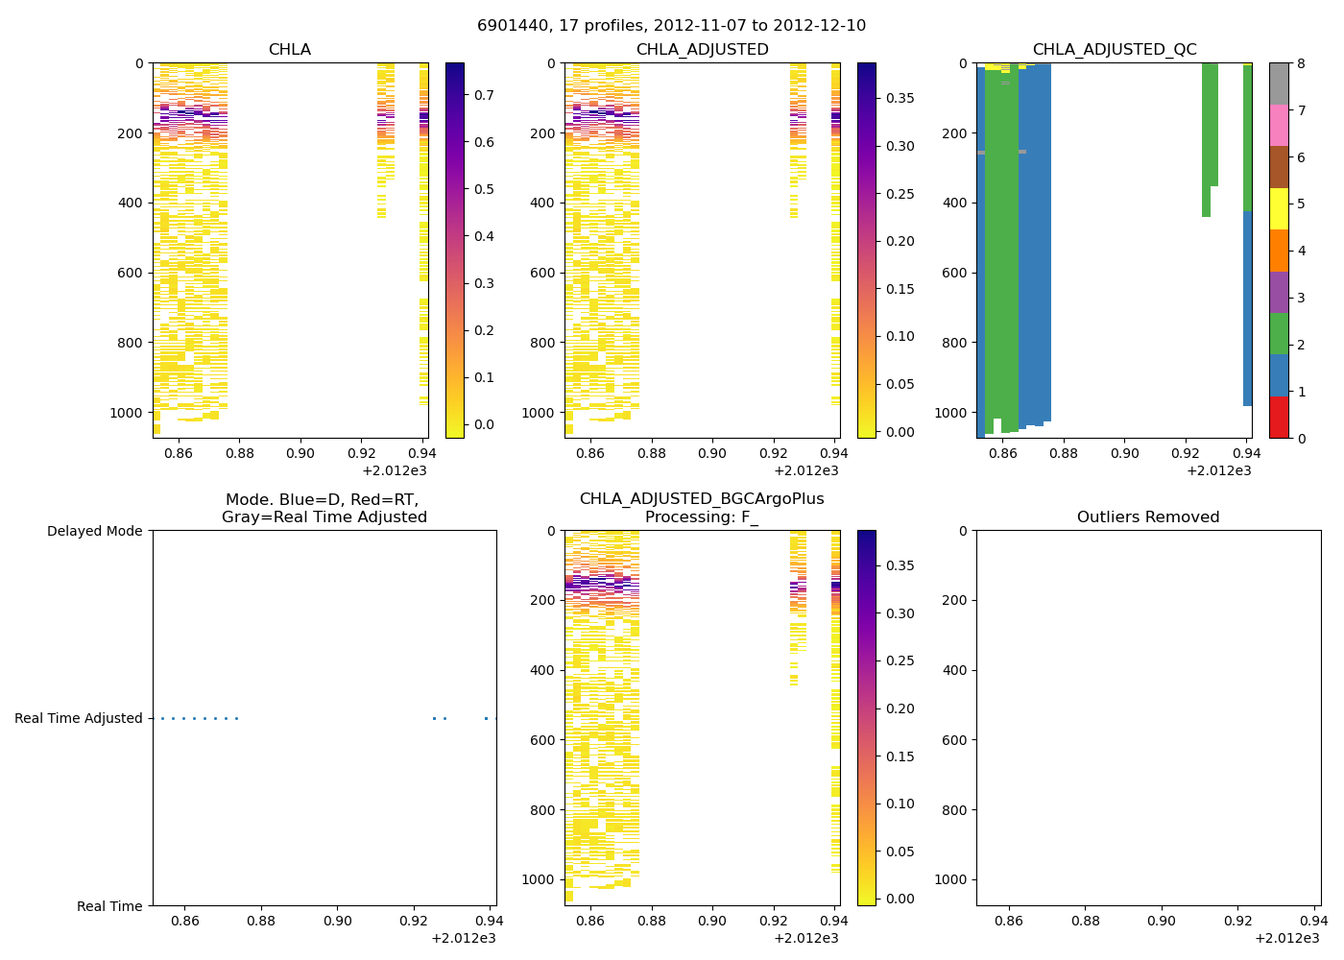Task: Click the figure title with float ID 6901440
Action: [671, 25]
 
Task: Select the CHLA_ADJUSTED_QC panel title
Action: [1115, 50]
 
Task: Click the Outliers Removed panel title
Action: [1148, 516]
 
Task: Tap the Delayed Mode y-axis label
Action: [94, 531]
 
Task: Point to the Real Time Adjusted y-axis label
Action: [79, 718]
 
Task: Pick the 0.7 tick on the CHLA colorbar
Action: [484, 95]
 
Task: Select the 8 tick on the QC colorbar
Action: [1300, 63]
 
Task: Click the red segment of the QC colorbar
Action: [1279, 418]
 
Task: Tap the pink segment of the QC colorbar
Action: [1279, 125]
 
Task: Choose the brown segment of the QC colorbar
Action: [1279, 167]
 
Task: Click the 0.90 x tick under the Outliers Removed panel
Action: [1162, 921]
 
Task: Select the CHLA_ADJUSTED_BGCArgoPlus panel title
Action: [702, 508]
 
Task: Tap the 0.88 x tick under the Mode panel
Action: [261, 921]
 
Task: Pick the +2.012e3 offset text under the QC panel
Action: [1218, 470]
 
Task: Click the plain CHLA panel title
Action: [290, 50]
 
